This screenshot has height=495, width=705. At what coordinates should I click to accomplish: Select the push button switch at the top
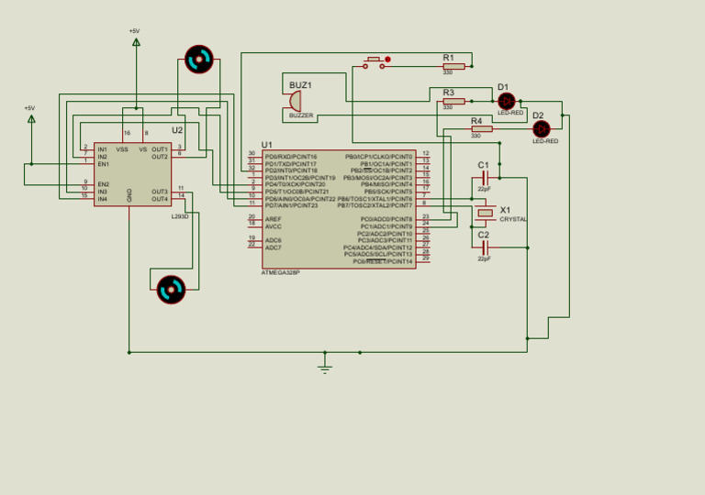pos(375,62)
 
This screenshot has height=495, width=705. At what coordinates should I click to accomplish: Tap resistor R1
pos(453,66)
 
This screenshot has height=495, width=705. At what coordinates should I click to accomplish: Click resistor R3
pos(453,101)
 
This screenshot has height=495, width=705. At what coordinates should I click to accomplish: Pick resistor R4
pos(481,129)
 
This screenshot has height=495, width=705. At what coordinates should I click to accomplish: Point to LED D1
pos(506,101)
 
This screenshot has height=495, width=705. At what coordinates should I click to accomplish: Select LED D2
pos(541,129)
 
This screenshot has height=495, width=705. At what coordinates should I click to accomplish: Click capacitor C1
pos(484,177)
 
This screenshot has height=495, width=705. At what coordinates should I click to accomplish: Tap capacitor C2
pos(484,247)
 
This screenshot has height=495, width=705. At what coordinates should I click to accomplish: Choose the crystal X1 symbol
pos(485,214)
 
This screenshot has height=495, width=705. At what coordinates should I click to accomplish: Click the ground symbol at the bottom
pos(324,368)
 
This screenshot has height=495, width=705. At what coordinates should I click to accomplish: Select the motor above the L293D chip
pos(198,60)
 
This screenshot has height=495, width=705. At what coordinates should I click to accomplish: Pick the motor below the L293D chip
pos(171,290)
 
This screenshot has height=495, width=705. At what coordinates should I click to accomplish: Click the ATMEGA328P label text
pos(280,272)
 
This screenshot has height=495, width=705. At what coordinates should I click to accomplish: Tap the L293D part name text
pos(180,216)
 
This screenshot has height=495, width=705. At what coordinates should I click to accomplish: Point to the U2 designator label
pos(177,131)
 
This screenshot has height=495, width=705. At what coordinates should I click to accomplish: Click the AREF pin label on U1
pos(273,219)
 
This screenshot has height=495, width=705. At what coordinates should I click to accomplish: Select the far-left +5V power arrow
pos(30,118)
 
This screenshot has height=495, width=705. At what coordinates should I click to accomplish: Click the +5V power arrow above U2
pos(136,41)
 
